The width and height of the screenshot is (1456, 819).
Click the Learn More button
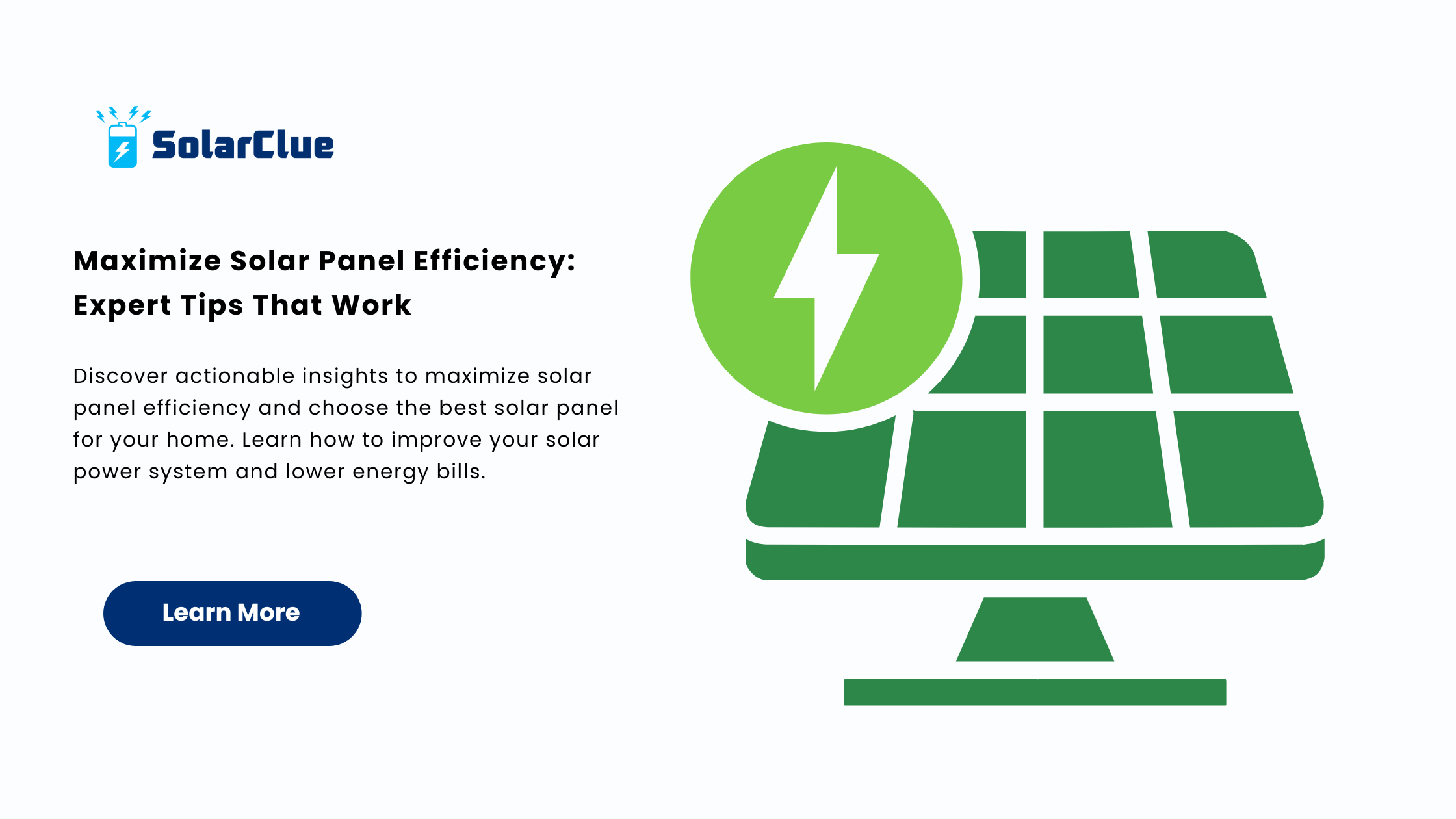(x=232, y=613)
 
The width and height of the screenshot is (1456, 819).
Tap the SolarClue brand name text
(x=243, y=145)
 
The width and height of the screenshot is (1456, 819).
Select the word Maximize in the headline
(x=148, y=261)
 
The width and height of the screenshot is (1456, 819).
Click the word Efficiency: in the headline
(x=495, y=262)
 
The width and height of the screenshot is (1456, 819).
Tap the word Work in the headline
(x=371, y=305)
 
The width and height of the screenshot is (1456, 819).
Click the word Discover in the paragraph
(x=121, y=376)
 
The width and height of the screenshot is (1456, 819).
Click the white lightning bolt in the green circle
(x=826, y=278)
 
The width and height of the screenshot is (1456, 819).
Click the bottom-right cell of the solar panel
(x=1248, y=469)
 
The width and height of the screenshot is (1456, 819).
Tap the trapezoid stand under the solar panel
(x=1035, y=629)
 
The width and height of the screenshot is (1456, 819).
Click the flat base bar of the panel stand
(x=1035, y=692)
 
